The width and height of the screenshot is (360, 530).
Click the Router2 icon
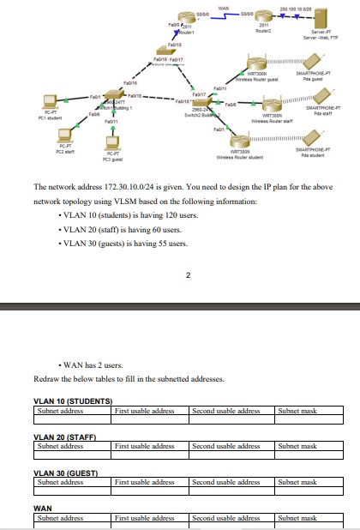pyautogui.click(x=265, y=17)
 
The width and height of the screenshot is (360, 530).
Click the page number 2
pyautogui.click(x=186, y=276)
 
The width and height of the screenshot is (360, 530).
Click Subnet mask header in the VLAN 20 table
pyautogui.click(x=297, y=446)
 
